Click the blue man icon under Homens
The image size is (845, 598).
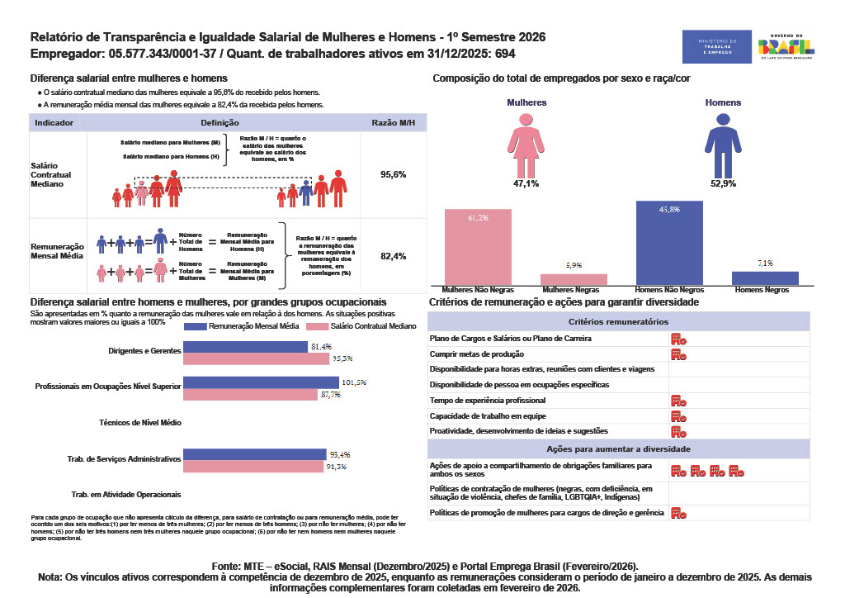click(x=722, y=143)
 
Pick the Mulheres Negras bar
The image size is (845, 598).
click(x=574, y=279)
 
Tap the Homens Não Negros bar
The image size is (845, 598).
click(x=670, y=243)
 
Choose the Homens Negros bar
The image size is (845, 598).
click(x=765, y=278)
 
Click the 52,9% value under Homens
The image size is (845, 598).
click(x=722, y=183)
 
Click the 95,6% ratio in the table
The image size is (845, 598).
click(x=393, y=175)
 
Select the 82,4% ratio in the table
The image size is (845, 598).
click(x=393, y=256)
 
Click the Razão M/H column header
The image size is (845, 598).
click(x=393, y=122)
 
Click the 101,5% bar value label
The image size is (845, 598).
click(x=354, y=382)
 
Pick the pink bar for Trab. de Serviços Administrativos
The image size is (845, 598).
click(x=253, y=467)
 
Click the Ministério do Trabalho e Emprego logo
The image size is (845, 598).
click(x=717, y=46)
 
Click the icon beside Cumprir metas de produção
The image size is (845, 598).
click(x=678, y=354)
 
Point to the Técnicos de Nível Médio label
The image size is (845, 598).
click(x=139, y=422)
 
